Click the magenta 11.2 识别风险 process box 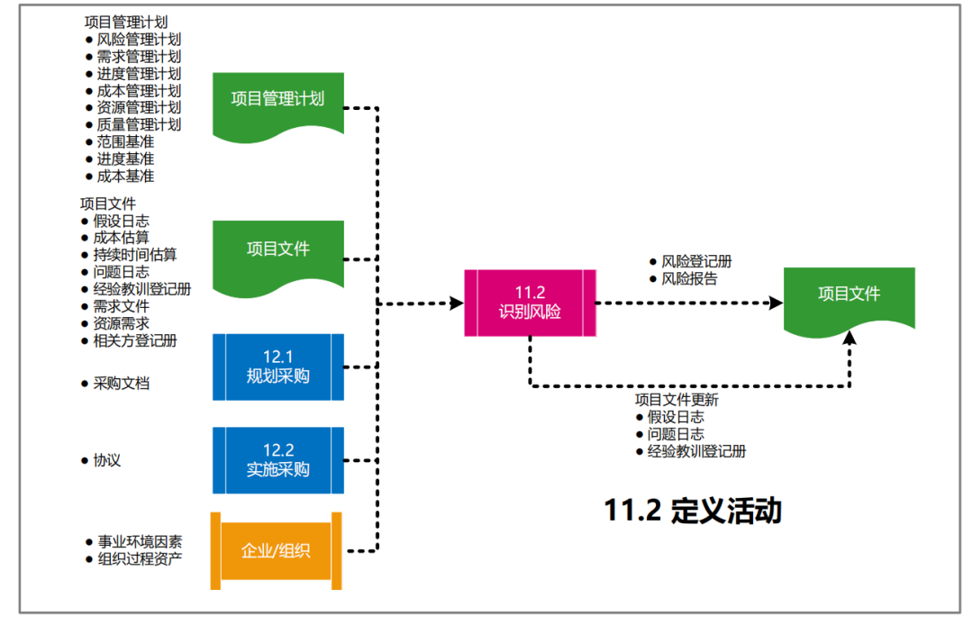tap(530, 303)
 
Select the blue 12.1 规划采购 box tap(277, 367)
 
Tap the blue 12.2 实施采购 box tap(277, 459)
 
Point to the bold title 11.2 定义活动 tap(693, 511)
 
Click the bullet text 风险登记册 tap(696, 261)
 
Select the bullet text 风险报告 tap(689, 278)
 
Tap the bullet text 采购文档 tap(122, 383)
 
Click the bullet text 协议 tap(107, 459)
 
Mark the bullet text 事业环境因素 tap(140, 541)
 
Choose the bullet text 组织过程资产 tap(140, 558)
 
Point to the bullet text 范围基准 tap(125, 141)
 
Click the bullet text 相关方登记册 tap(134, 340)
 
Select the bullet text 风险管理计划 tap(139, 40)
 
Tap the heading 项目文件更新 tap(677, 400)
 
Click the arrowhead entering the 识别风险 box tap(457, 303)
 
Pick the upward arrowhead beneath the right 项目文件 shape tap(850, 339)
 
